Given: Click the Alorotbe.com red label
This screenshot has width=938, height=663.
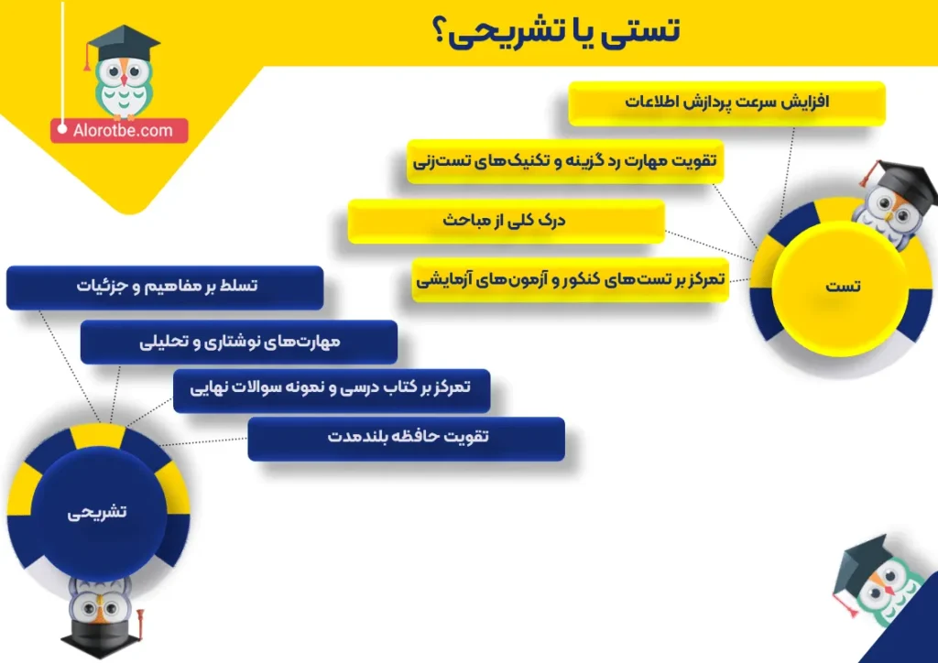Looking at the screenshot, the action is click(119, 130).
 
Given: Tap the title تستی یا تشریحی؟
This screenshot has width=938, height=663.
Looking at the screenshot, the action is click(555, 32).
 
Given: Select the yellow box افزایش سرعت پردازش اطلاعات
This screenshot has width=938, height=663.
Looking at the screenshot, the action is click(726, 103).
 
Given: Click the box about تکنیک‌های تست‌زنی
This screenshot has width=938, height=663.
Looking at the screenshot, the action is click(565, 161).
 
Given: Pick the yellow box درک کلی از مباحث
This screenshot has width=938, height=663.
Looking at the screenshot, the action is click(506, 221).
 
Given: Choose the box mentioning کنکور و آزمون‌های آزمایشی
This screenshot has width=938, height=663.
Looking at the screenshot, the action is click(570, 279).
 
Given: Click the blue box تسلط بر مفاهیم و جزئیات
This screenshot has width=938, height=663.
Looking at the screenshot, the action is click(165, 288).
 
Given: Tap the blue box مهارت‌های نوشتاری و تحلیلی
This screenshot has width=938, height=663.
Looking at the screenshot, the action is click(239, 342).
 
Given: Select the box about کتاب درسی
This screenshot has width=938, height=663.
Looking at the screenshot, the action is click(332, 390).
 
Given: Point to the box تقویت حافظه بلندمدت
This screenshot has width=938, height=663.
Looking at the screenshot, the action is click(406, 439).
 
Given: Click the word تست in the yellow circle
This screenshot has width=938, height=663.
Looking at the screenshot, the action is click(843, 287).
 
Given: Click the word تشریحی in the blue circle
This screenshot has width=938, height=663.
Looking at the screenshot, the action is click(97, 512).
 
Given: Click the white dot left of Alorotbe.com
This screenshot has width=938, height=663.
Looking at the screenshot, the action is click(62, 128).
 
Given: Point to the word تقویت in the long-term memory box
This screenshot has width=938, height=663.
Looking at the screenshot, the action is click(468, 437).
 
